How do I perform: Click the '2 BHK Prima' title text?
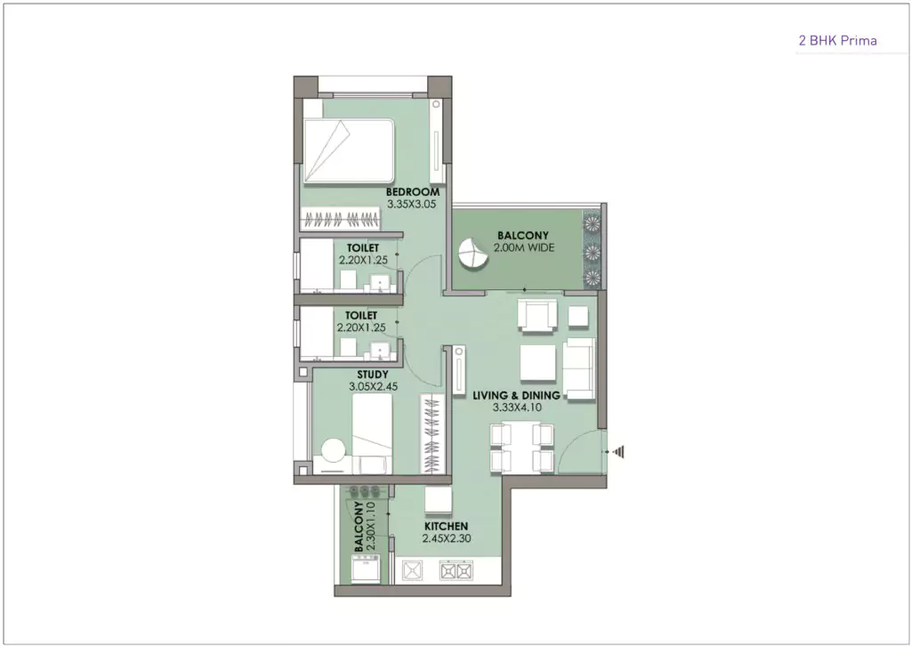836,41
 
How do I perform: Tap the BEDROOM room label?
413,192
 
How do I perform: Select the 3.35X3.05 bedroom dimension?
413,205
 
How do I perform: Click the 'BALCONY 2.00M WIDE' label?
525,242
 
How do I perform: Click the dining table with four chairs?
521,447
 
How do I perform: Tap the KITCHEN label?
445,527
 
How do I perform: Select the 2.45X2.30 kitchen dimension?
445,539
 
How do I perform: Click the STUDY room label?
371,375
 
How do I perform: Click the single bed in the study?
372,435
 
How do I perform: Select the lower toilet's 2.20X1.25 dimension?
362,327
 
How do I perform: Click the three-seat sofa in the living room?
579,368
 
